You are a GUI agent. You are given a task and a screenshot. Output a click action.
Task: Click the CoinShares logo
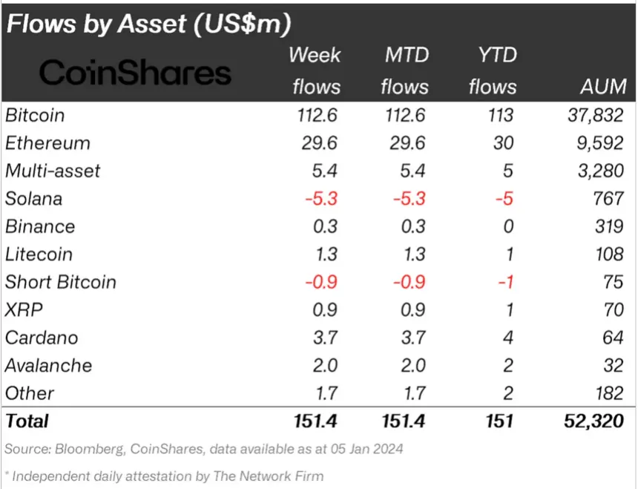pyautogui.click(x=135, y=73)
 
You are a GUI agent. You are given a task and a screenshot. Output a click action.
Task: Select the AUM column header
pyautogui.click(x=602, y=87)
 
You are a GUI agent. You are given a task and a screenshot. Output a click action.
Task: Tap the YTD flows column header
pyautogui.click(x=492, y=70)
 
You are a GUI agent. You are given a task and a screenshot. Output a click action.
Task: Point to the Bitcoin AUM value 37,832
pyautogui.click(x=592, y=116)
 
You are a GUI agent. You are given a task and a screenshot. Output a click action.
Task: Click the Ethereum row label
pyautogui.click(x=47, y=143)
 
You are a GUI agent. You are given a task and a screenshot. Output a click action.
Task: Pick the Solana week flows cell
pyautogui.click(x=320, y=199)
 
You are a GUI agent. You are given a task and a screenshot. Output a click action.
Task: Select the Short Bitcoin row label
pyautogui.click(x=61, y=282)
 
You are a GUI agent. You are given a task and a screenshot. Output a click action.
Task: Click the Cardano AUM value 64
pyautogui.click(x=612, y=338)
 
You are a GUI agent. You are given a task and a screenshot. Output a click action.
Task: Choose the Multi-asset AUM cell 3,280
pyautogui.click(x=598, y=171)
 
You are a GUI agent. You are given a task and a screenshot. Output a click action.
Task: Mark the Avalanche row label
pyautogui.click(x=49, y=365)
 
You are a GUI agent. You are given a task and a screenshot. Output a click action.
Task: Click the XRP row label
pyautogui.click(x=24, y=309)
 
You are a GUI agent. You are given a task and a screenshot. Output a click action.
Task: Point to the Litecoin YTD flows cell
pyautogui.click(x=507, y=255)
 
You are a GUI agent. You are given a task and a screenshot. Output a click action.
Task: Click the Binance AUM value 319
pyautogui.click(x=608, y=226)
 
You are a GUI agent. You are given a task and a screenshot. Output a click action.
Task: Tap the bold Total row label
pyautogui.click(x=27, y=421)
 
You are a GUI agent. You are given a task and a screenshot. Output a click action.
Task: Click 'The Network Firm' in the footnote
pyautogui.click(x=275, y=476)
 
